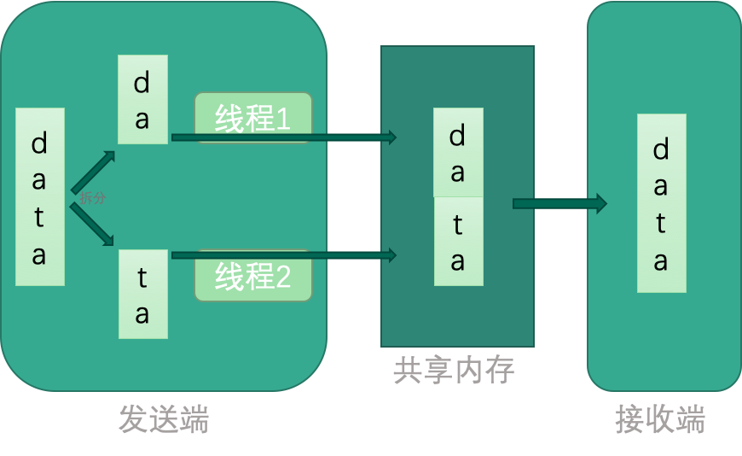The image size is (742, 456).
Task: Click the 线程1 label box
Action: [x=253, y=117]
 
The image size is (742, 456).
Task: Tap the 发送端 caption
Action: [x=164, y=419]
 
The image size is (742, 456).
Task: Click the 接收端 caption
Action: [x=660, y=419]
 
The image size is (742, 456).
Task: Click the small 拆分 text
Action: [x=93, y=198]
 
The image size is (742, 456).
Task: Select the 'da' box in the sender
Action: [x=142, y=99]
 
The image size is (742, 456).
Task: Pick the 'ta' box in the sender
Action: [x=142, y=294]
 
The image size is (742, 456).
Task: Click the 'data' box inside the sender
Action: [x=39, y=196]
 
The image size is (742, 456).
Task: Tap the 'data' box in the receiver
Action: [x=661, y=203]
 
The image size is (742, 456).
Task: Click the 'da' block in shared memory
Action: [x=458, y=152]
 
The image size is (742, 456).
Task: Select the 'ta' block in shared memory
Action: [x=458, y=242]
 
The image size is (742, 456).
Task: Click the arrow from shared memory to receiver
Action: [x=559, y=203]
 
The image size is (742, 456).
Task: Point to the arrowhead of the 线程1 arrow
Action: [x=392, y=137]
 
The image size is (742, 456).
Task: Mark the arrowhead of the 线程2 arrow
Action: [x=392, y=254]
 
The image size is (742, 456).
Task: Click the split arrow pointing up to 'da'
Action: [x=93, y=172]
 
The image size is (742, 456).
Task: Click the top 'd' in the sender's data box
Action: [x=39, y=143]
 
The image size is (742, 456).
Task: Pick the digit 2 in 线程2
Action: [x=281, y=277]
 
